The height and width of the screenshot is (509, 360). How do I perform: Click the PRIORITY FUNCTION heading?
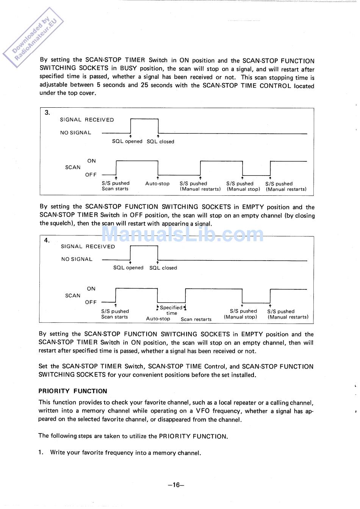click(73, 391)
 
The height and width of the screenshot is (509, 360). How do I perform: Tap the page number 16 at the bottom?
click(176, 485)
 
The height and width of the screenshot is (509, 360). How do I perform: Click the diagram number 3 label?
click(47, 112)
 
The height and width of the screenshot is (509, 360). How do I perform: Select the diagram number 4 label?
click(47, 240)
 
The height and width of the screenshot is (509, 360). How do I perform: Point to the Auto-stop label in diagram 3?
click(157, 184)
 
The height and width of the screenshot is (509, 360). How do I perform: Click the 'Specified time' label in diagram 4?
click(171, 310)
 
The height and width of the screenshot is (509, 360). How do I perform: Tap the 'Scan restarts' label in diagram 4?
click(196, 319)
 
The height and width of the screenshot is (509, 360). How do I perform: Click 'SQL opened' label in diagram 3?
click(127, 141)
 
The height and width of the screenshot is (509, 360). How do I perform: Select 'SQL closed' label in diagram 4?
click(163, 268)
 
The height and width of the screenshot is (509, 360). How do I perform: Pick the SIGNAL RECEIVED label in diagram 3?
click(87, 120)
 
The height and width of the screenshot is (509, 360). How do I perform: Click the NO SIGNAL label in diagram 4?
click(77, 259)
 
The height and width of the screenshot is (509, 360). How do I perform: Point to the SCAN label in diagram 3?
click(73, 167)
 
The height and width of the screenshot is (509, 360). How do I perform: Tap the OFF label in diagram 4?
click(91, 302)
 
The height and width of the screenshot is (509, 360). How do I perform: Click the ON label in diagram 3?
click(92, 161)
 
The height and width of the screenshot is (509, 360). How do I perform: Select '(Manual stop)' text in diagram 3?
click(243, 189)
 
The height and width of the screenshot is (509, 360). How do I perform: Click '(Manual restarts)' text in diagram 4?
click(288, 317)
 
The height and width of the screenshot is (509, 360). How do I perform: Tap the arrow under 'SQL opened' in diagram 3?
click(130, 136)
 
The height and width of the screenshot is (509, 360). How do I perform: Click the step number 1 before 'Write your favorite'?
click(41, 452)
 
